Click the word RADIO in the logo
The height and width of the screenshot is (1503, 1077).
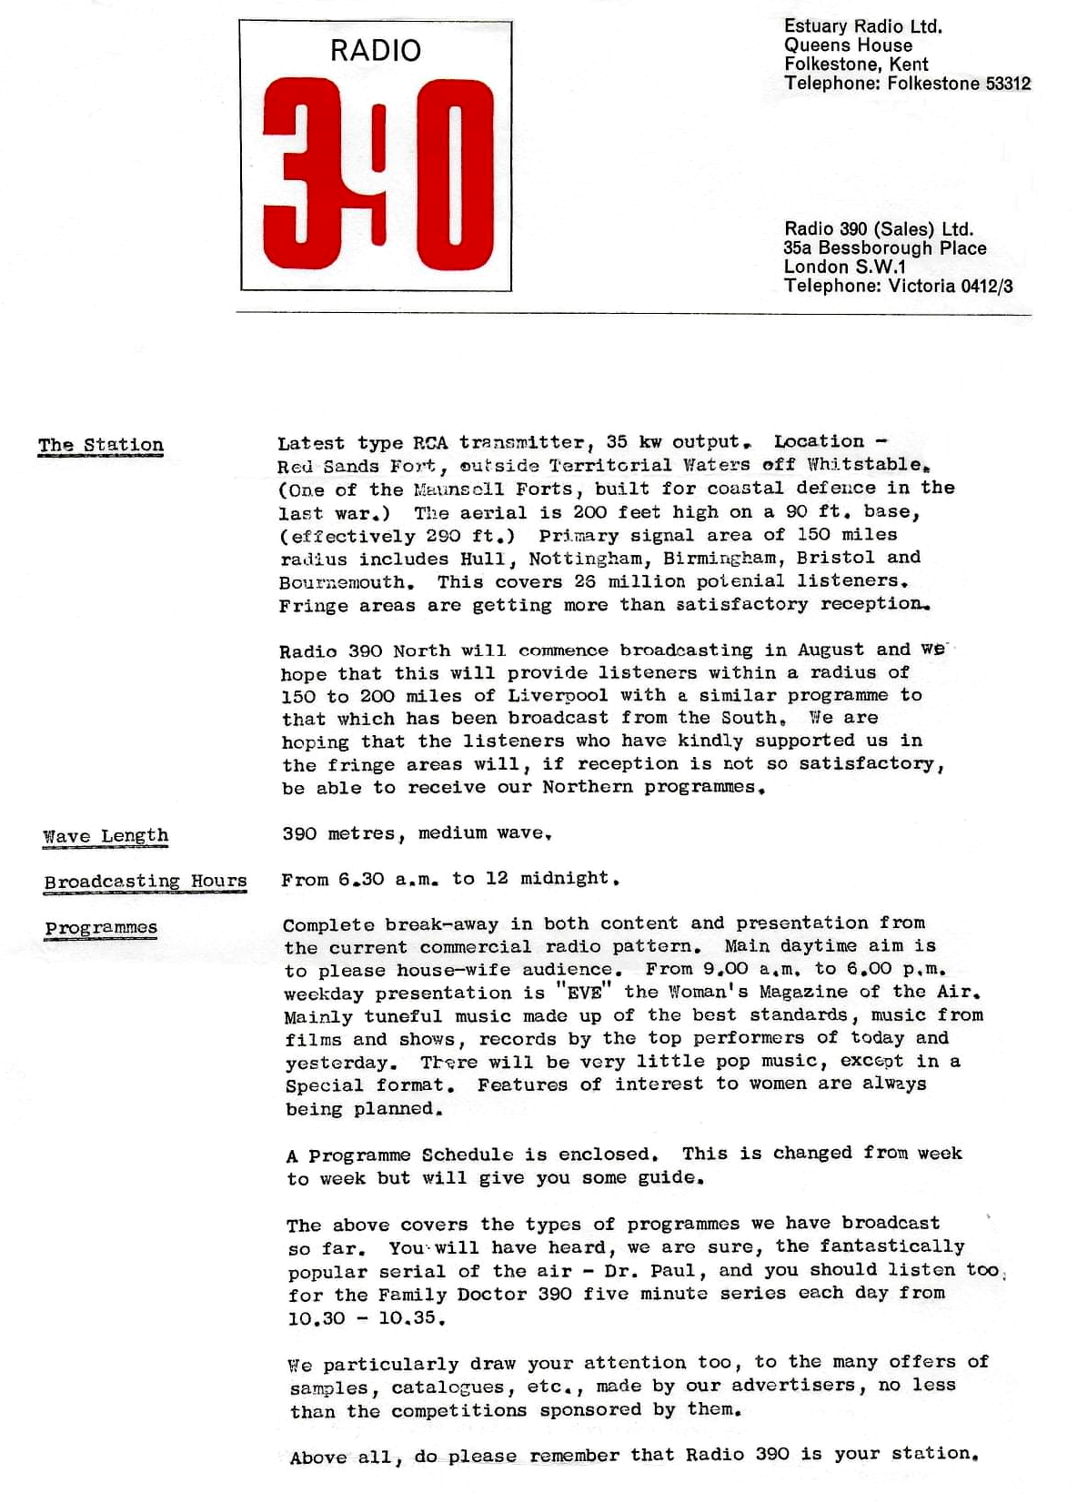tap(375, 50)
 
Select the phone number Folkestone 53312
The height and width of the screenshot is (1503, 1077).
tap(959, 84)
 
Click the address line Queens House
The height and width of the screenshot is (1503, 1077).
tap(848, 45)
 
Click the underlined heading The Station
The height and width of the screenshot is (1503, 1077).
tap(100, 445)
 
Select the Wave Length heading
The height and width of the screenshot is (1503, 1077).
tap(106, 836)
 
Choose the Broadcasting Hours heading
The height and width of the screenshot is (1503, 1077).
tap(146, 882)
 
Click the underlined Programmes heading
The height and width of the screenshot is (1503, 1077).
tap(101, 928)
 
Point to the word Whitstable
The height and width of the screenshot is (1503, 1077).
tap(864, 464)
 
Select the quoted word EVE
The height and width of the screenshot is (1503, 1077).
tap(584, 993)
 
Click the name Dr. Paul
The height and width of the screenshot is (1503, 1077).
tap(649, 1270)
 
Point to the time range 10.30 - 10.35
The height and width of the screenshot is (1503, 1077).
tap(366, 1318)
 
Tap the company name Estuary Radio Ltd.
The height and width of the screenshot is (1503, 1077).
tap(862, 26)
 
